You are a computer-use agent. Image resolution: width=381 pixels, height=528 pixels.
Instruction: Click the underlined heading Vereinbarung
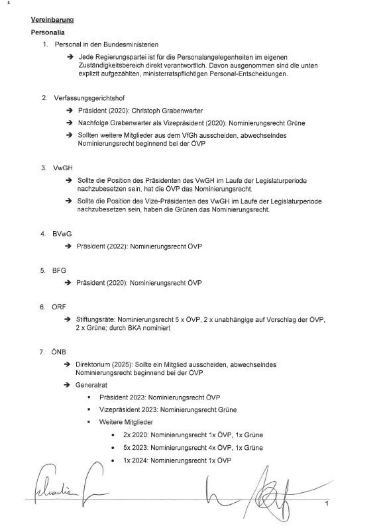click(x=52, y=21)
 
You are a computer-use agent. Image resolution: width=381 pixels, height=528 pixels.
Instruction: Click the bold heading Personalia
click(x=48, y=32)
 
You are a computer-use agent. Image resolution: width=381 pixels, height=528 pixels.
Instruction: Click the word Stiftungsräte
click(x=97, y=319)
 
